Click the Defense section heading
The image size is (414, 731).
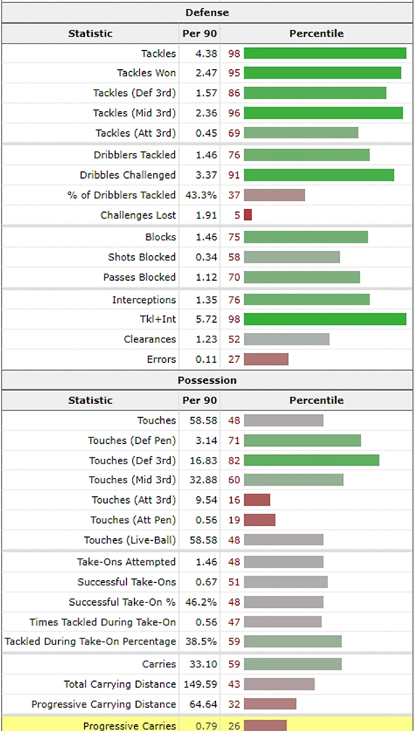[207, 12]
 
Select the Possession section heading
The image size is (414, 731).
[207, 380]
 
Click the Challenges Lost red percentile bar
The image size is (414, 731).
[248, 215]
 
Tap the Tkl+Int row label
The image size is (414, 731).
[158, 319]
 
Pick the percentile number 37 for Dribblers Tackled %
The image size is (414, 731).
[234, 195]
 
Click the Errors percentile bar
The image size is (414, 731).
[266, 359]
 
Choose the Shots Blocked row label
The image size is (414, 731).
[142, 257]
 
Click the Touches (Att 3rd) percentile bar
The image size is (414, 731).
[257, 500]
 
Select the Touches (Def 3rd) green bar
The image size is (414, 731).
[311, 460]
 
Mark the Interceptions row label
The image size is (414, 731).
[144, 299]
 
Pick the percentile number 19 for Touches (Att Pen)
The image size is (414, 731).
[234, 519]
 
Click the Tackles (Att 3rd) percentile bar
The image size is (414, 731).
[301, 133]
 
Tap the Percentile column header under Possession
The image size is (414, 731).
[316, 400]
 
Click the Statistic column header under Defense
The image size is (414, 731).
[91, 33]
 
